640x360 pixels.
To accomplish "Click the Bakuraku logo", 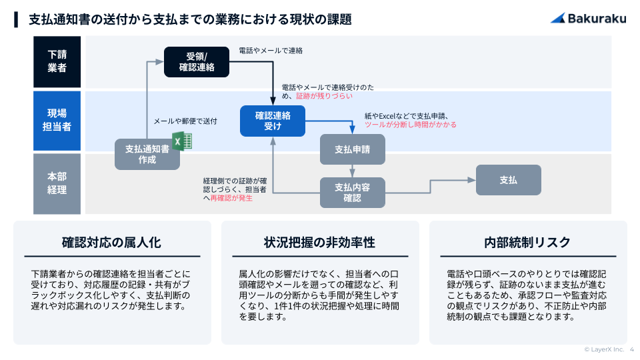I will pos(588,19).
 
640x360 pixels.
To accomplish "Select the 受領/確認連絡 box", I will pos(197,61).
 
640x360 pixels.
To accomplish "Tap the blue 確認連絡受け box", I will pos(273,121).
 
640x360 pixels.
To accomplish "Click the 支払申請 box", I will pos(352,149).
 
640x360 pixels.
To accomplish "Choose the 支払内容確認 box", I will pos(352,192).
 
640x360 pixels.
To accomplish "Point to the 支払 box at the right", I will pos(508,180).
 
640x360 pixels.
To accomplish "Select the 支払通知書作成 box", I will pos(147,154).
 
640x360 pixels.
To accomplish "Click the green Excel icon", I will pos(182,141).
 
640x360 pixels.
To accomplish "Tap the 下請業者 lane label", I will pos(57,61).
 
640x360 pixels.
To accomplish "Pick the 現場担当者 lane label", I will pos(57,120).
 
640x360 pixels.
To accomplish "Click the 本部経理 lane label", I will pos(57,183).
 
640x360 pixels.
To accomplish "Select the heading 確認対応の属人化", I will pos(111,242).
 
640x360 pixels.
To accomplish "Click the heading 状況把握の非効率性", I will pos(319,242).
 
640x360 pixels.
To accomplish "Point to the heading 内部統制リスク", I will pos(527,242).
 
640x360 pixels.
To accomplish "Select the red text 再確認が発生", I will pos(231,198).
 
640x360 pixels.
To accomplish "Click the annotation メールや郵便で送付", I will pos(185,121).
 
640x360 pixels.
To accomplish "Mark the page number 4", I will pos(631,349).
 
